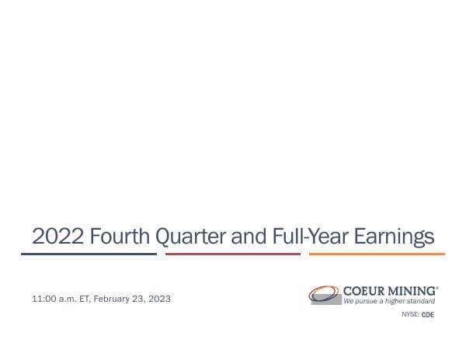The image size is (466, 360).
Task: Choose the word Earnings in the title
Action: point(394,236)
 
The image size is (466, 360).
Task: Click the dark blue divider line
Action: point(89,254)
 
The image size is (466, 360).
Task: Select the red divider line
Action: point(233,254)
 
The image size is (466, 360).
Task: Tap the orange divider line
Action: point(377,254)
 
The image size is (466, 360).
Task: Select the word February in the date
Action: point(112,299)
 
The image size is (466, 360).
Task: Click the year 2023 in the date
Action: point(159,299)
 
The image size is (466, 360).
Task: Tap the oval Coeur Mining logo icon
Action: point(324,295)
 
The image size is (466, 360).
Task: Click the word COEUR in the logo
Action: point(366,291)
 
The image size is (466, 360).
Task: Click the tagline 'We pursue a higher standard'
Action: point(389,301)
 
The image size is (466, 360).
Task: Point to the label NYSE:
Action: point(410,315)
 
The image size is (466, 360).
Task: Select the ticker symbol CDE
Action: point(428,315)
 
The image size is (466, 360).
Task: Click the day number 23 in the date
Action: point(139,299)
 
